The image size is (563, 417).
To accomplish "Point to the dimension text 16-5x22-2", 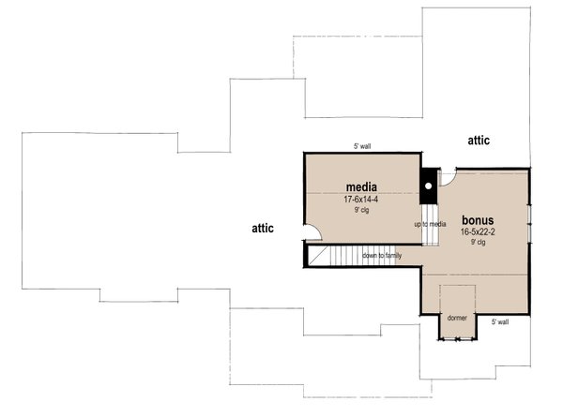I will point(479,231).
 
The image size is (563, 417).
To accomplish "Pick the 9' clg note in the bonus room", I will point(479,242).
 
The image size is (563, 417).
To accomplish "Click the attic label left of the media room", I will point(263,228).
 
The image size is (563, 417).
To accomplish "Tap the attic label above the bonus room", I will point(479,140).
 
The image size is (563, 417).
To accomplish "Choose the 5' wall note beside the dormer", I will point(500,321).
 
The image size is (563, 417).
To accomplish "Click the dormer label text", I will point(457,319).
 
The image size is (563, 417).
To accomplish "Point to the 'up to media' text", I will point(430,224).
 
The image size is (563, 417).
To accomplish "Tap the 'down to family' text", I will point(382,255).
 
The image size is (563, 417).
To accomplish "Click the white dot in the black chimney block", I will point(428,186).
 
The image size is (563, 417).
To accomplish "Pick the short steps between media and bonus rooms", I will point(431,235).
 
